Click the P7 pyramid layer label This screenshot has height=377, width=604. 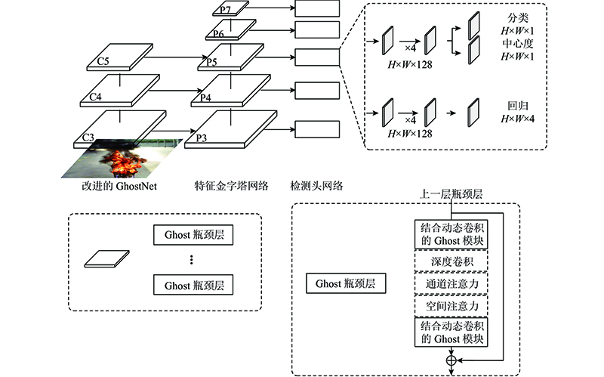point(225,10)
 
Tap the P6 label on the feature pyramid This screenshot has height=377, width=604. point(218,33)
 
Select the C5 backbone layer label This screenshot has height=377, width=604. point(103,61)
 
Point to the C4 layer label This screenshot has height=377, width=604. point(96,97)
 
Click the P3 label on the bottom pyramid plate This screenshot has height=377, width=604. point(202,138)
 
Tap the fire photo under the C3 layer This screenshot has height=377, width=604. point(122,159)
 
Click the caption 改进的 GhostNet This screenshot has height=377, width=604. point(119,186)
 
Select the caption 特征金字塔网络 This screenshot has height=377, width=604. point(231,186)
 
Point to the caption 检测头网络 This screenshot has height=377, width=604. point(316,186)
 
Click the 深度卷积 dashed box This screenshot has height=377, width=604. point(451,261)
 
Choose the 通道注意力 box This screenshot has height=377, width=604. point(451,283)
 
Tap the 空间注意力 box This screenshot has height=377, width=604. point(451,306)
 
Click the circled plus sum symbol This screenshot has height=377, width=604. point(451,360)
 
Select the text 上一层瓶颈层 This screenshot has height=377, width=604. point(451,194)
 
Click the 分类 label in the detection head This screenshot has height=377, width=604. point(517,17)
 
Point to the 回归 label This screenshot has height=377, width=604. point(517,106)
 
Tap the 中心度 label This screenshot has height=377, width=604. point(517,43)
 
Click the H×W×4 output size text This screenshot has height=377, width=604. point(517,119)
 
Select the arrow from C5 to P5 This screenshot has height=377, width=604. point(176,57)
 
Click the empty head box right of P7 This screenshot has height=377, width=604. point(317,8)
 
